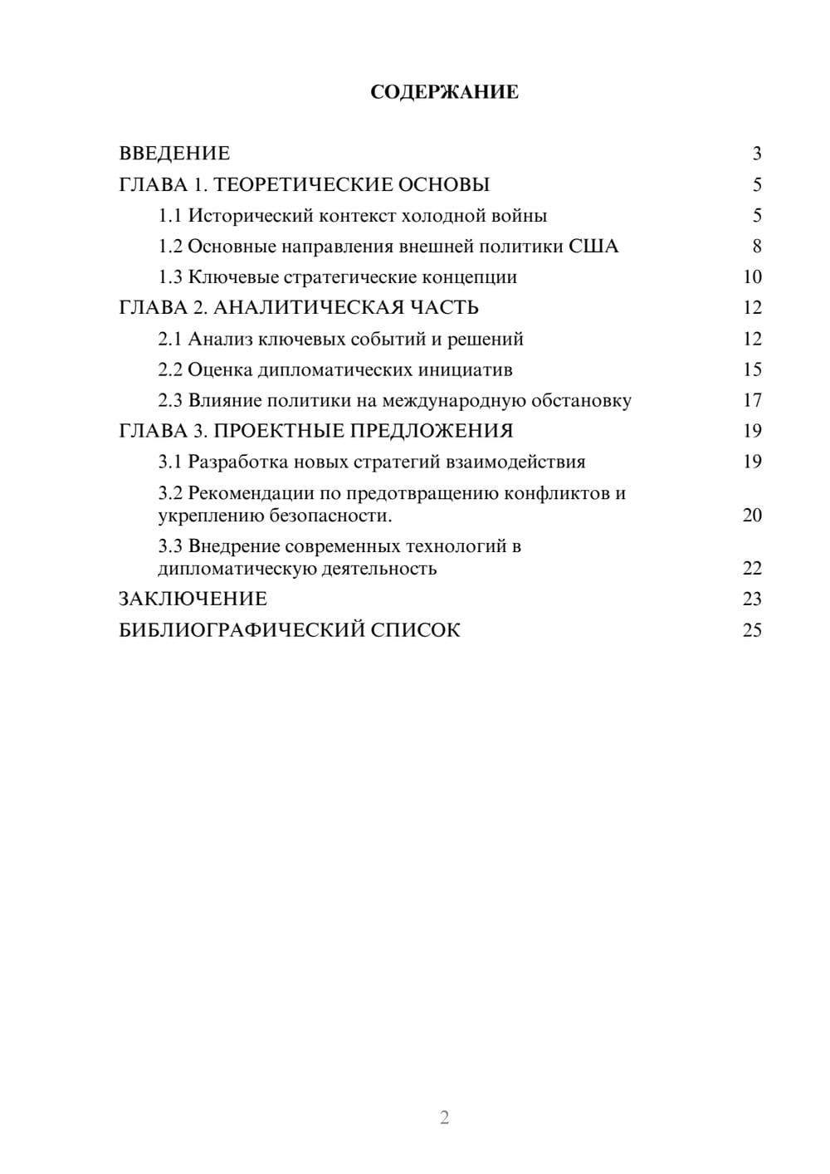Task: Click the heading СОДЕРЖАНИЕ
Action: click(444, 92)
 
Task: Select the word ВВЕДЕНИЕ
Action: click(174, 154)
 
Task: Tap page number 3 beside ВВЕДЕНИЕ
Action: click(756, 154)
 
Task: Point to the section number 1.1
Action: click(170, 216)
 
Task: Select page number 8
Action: click(756, 247)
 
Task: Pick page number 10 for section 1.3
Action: click(752, 277)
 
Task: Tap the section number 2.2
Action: click(170, 369)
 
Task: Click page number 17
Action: click(752, 401)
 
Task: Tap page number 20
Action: click(752, 516)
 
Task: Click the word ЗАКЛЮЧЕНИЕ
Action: click(193, 599)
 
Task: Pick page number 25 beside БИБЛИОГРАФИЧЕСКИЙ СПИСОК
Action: click(752, 630)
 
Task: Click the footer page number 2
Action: click(444, 1118)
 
